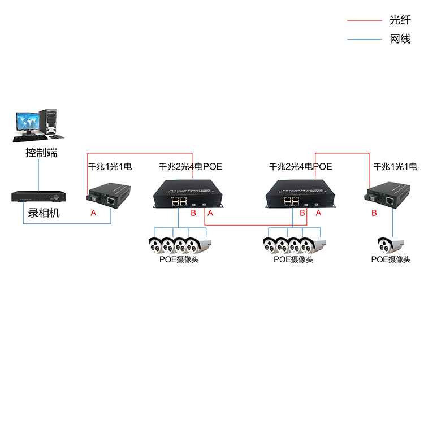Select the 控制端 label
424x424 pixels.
coord(41,153)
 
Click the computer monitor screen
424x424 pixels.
coord(28,121)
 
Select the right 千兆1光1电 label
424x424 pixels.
coord(395,167)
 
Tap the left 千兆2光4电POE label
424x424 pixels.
coord(191,167)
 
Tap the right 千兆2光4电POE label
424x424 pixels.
coord(300,167)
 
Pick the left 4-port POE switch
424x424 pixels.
coord(187,195)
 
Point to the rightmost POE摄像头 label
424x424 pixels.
coord(391,259)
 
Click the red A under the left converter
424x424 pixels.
coord(93,213)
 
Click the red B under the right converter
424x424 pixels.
coord(374,213)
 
